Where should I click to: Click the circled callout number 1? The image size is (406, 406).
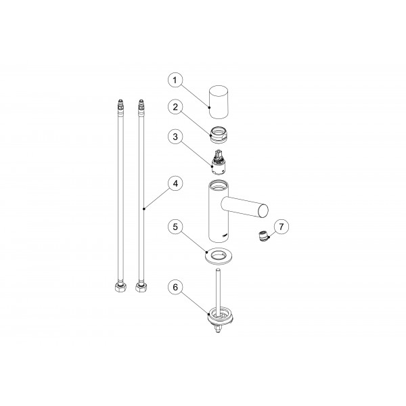point(175,80)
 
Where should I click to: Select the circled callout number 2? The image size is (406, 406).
point(175,107)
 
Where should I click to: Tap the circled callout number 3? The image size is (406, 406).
point(175,137)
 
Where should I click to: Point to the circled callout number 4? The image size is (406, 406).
point(175,183)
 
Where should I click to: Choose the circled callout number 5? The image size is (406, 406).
point(175,227)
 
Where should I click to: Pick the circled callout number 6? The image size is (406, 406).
point(175,287)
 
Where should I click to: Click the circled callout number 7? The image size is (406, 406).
point(281,227)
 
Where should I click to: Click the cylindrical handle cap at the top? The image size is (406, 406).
point(219,101)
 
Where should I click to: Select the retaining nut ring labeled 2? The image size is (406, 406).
point(219,135)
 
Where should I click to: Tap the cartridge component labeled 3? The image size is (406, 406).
point(219,162)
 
